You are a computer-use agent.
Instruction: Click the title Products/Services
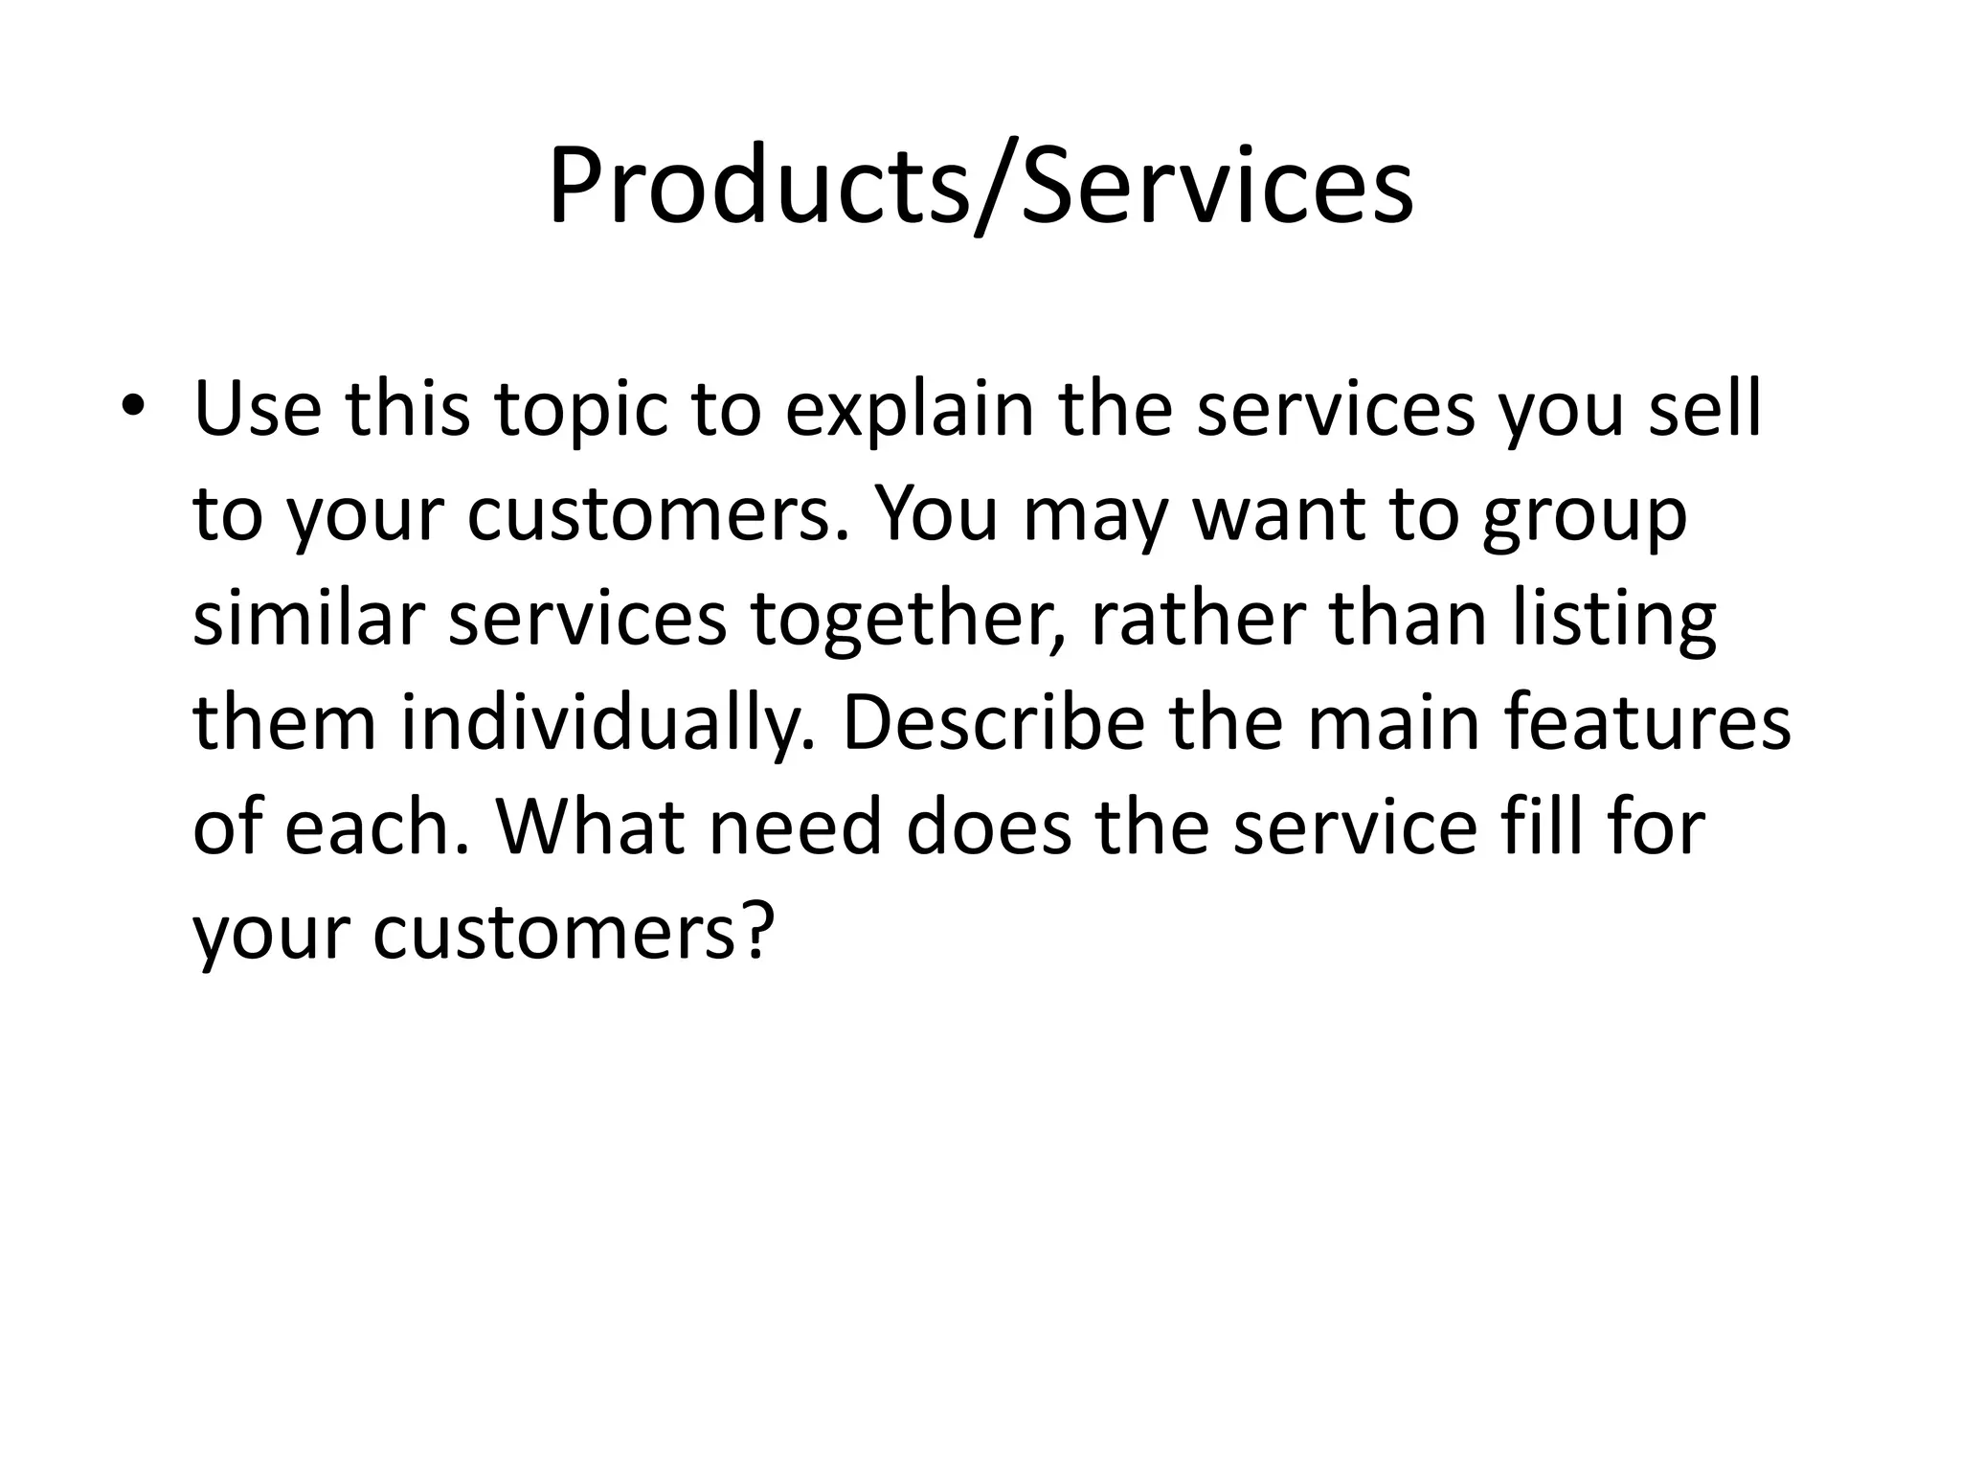coord(980,186)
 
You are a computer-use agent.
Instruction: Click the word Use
coord(258,409)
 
